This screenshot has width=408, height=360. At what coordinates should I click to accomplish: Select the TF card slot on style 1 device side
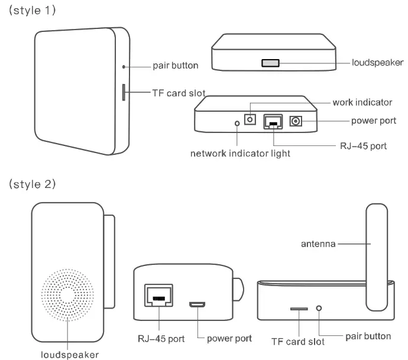pyautogui.click(x=123, y=92)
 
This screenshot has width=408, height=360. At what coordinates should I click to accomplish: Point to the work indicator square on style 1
pyautogui.click(x=250, y=120)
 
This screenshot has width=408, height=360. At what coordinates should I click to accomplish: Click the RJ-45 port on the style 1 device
pyautogui.click(x=272, y=121)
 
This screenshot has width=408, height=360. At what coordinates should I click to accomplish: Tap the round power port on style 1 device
pyautogui.click(x=295, y=121)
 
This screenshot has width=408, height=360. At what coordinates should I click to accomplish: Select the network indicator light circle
pyautogui.click(x=238, y=124)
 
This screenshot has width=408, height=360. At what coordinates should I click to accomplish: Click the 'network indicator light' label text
pyautogui.click(x=240, y=154)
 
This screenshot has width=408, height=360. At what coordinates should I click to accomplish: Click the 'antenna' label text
pyautogui.click(x=319, y=243)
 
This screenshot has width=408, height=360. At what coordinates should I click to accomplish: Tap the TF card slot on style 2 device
pyautogui.click(x=298, y=309)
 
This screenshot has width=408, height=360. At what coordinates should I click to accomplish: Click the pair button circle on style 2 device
pyautogui.click(x=319, y=309)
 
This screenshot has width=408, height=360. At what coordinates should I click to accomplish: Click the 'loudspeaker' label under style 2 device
pyautogui.click(x=69, y=354)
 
